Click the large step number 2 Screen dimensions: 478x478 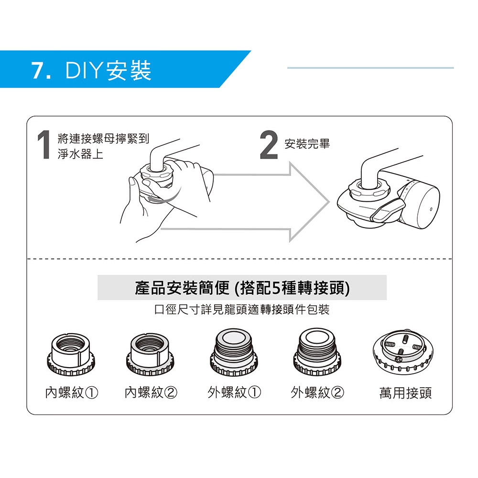click(x=269, y=145)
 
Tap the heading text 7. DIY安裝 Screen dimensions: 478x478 click(x=91, y=70)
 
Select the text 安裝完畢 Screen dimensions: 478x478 click(x=307, y=144)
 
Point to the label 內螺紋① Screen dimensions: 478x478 click(x=72, y=392)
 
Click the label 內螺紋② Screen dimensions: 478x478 click(x=151, y=392)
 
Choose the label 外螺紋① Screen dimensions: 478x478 click(x=234, y=392)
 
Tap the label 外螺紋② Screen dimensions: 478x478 click(x=317, y=392)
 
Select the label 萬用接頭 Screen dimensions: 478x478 click(x=405, y=393)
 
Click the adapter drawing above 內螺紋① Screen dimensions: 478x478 click(x=71, y=355)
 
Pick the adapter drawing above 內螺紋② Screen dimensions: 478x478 click(x=150, y=355)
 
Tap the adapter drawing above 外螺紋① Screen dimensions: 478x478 click(x=234, y=352)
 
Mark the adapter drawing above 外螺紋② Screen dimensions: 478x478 click(x=317, y=352)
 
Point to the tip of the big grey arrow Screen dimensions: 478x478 click(x=329, y=202)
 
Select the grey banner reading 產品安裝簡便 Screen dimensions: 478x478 click(x=242, y=287)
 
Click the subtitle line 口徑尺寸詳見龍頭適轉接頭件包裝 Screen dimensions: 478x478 click(x=242, y=310)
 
